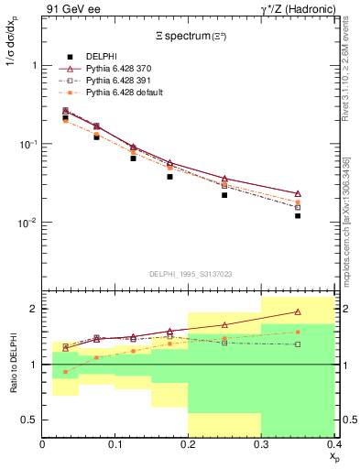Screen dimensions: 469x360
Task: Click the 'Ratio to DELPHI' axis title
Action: click(15, 364)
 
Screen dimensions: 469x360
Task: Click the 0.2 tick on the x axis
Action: click(189, 444)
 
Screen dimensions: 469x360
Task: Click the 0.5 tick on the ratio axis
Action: click(30, 420)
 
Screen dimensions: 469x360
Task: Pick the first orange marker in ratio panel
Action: click(65, 372)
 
